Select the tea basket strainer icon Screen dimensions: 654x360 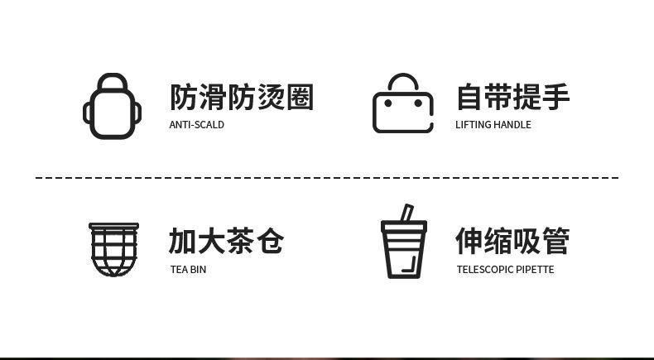point(113,248)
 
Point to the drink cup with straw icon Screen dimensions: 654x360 point(403,243)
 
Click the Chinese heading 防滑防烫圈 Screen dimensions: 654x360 point(242,98)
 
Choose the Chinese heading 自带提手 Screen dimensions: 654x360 point(512,98)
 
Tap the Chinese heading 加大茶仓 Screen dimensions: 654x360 point(226,241)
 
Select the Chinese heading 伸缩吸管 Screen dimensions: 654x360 point(512,241)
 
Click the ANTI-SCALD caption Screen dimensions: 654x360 point(197,125)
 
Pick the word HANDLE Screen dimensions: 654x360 point(512,125)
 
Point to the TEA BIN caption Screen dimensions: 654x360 point(188,269)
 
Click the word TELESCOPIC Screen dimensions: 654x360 point(484,269)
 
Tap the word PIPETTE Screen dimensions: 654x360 point(535,269)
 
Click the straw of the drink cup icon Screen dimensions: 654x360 point(406,214)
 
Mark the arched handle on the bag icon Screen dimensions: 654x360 point(403,84)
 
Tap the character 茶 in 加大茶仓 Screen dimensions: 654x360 point(241,241)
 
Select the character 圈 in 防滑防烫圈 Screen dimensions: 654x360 point(301,98)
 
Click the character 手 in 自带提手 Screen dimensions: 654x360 point(556,98)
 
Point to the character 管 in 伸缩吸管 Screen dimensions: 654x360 point(556,241)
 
